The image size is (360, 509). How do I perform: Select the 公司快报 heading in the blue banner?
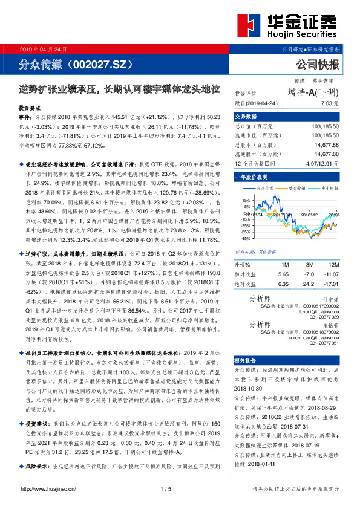[x=316, y=63]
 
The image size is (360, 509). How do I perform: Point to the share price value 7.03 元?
[x=330, y=103]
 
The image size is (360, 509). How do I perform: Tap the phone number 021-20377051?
[x=324, y=342]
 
